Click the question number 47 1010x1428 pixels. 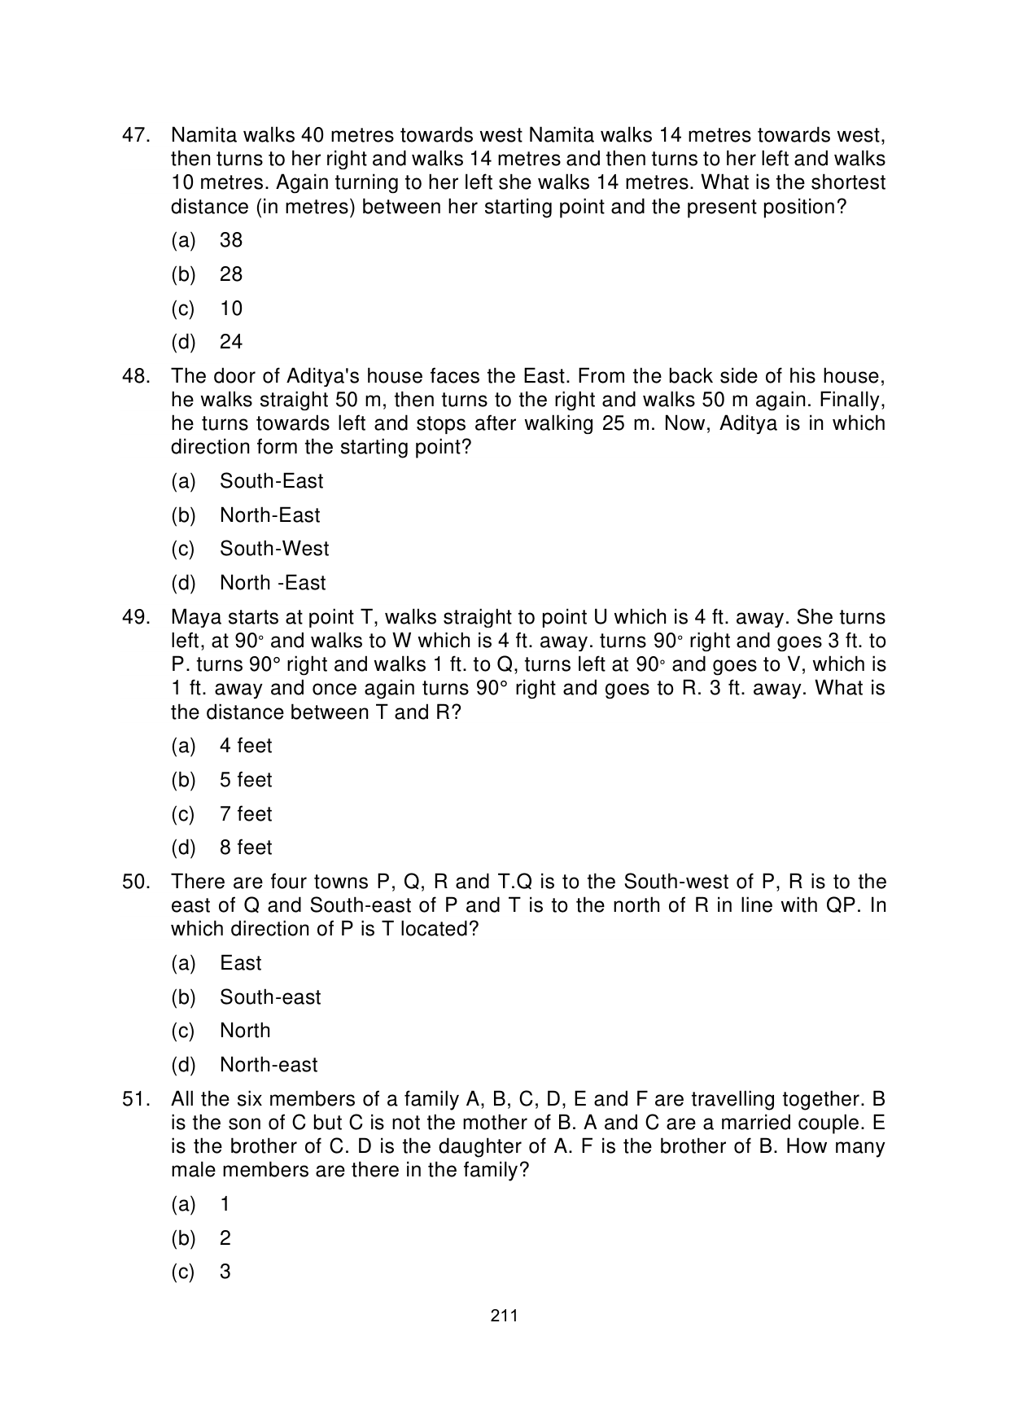pyautogui.click(x=136, y=135)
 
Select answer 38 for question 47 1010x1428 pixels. pyautogui.click(x=231, y=240)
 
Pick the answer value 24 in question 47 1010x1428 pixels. pyautogui.click(x=231, y=342)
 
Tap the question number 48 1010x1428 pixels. pyautogui.click(x=136, y=376)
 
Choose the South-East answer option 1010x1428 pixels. pyautogui.click(x=271, y=481)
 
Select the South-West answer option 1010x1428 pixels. pyautogui.click(x=274, y=549)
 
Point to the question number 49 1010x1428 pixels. pyautogui.click(x=136, y=617)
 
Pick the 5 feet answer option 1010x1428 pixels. pyautogui.click(x=246, y=780)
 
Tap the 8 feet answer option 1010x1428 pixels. pyautogui.click(x=246, y=848)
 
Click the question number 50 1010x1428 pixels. pyautogui.click(x=136, y=882)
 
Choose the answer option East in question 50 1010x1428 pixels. pyautogui.click(x=240, y=963)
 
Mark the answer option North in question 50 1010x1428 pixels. pyautogui.click(x=245, y=1031)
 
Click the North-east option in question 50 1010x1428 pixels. pyautogui.click(x=269, y=1065)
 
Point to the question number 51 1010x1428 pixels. pyautogui.click(x=136, y=1099)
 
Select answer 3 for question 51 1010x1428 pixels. pyautogui.click(x=225, y=1272)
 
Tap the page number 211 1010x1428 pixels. pyautogui.click(x=505, y=1316)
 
